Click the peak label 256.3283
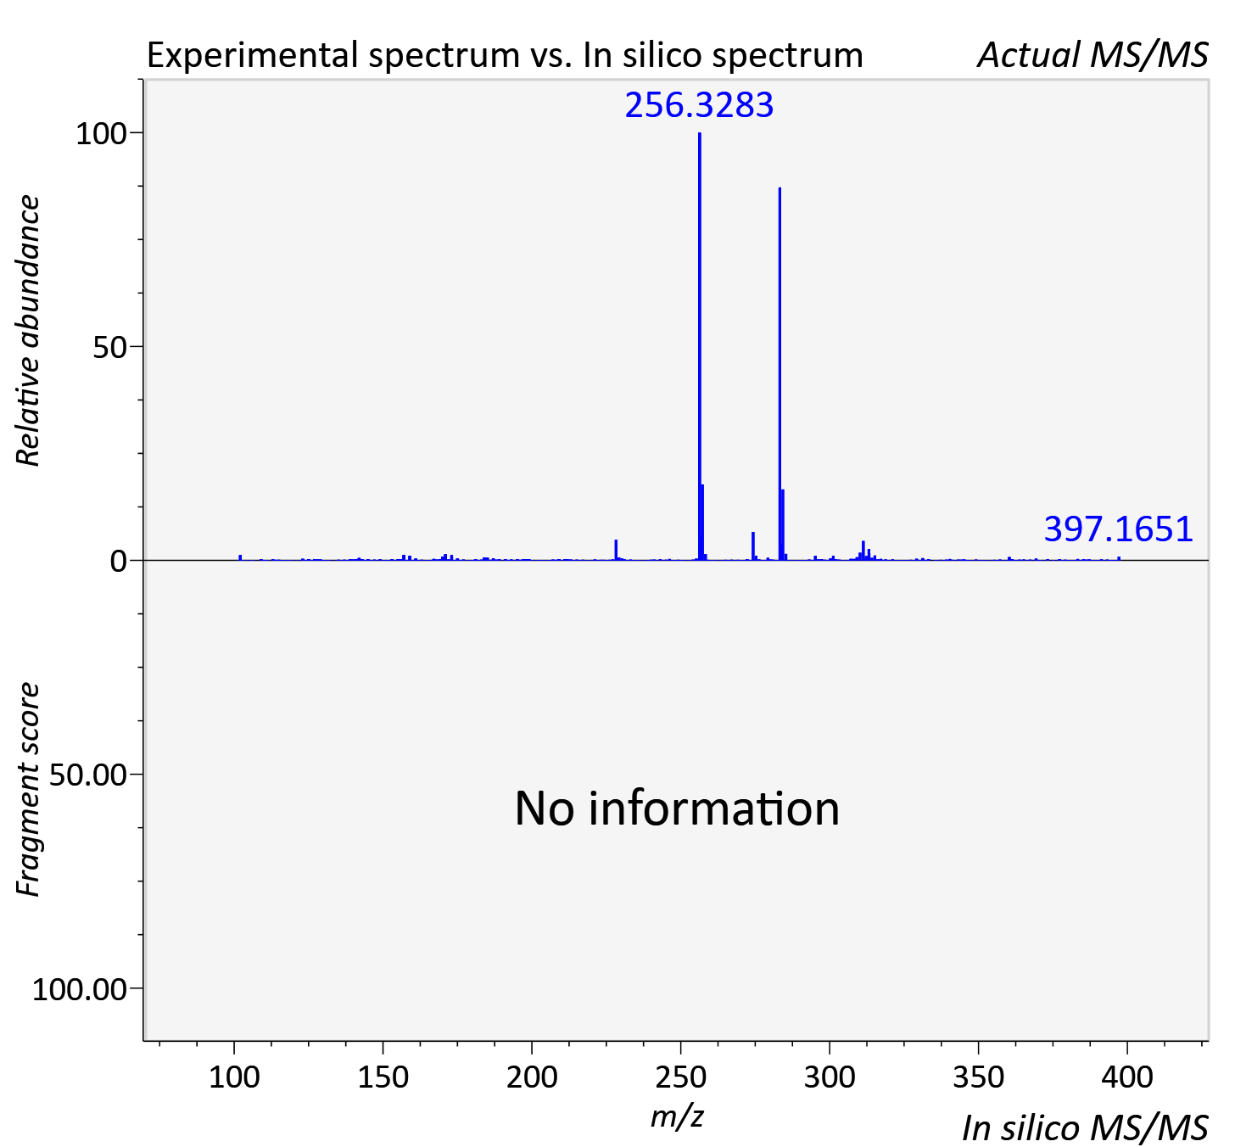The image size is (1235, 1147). pos(699,105)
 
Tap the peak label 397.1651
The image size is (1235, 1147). pos(1118,529)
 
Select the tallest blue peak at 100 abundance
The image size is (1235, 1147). pos(700,346)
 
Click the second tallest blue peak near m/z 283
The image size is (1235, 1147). pos(780,373)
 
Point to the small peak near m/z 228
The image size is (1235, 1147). pos(616,550)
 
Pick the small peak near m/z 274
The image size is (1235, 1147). pos(753,546)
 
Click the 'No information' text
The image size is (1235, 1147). pos(677,808)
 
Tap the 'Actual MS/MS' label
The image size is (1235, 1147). pos(1092,55)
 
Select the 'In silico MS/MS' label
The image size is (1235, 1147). pos(1085,1127)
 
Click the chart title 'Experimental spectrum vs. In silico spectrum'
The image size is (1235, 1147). pos(505,56)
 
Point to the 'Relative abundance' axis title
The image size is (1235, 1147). pos(28,331)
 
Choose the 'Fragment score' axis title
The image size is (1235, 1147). pos(28,790)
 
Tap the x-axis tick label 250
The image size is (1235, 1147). pos(680,1077)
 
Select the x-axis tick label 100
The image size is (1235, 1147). pos(234,1077)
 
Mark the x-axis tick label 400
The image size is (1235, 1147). pos(1126,1077)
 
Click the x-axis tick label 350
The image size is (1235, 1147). pos(978,1077)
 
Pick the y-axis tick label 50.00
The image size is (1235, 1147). pos(87,775)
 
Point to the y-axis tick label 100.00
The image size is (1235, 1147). pos(79,989)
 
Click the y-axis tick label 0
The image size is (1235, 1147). pos(118,561)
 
